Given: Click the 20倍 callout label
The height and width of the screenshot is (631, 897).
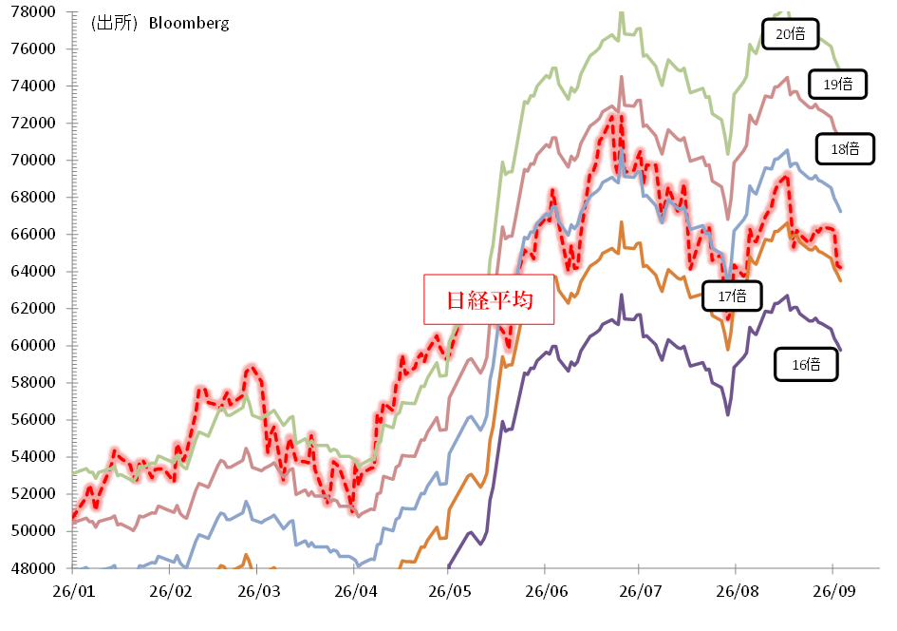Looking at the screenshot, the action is [x=790, y=34].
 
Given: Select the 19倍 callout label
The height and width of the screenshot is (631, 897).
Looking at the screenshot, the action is [x=837, y=85].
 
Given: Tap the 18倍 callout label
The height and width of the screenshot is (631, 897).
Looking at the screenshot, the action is [x=845, y=149].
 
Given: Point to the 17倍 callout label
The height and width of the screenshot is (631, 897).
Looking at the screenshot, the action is [x=732, y=296].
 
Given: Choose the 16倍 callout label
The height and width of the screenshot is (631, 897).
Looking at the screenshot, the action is [x=806, y=365].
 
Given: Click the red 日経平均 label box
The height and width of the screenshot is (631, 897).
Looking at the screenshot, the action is [x=489, y=299].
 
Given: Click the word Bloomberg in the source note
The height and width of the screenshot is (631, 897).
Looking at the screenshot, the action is [x=189, y=24].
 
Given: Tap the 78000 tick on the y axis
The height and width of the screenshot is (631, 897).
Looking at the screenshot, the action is [x=33, y=12].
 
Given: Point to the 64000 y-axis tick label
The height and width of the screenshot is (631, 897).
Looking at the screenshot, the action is [x=33, y=272].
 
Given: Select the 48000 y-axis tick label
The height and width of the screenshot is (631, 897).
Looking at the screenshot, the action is [x=33, y=568].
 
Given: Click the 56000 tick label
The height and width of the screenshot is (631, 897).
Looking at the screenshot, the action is [x=33, y=420].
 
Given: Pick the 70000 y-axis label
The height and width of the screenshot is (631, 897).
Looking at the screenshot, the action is [x=33, y=161].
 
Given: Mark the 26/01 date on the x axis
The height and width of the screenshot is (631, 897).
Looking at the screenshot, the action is [x=73, y=591].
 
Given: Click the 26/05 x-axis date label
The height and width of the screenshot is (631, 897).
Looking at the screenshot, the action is [x=450, y=591].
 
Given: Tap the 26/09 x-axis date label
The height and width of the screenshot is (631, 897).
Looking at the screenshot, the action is [x=834, y=591].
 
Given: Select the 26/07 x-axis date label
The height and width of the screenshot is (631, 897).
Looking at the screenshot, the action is [x=640, y=591].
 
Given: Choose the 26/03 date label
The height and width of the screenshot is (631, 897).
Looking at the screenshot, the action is [x=258, y=591].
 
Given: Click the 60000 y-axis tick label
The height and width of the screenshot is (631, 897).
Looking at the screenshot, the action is [x=33, y=345].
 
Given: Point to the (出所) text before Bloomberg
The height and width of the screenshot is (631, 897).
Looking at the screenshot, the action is [x=114, y=23].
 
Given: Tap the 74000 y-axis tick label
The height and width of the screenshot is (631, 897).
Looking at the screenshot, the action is [x=33, y=86].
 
